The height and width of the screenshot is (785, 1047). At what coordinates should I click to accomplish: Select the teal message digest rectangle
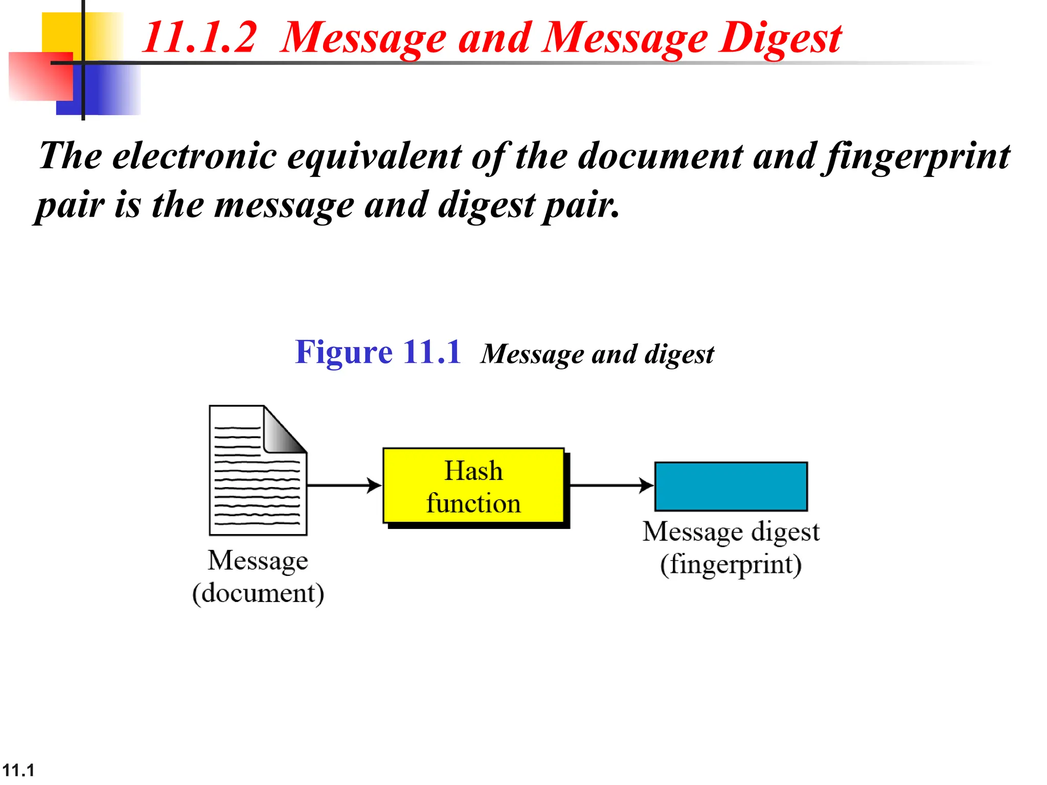(731, 486)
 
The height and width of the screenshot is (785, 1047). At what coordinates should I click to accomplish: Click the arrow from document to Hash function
(344, 485)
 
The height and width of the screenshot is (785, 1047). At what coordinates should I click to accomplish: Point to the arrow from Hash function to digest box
(611, 485)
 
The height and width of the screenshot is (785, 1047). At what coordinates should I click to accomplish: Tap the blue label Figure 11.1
(378, 352)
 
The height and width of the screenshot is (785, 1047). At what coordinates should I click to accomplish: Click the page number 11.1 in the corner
(18, 770)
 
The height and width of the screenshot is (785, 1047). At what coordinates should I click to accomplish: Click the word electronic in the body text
(195, 155)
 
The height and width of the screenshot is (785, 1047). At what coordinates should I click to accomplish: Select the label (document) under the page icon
(258, 593)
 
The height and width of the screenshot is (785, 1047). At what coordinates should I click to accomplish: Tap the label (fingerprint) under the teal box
(731, 565)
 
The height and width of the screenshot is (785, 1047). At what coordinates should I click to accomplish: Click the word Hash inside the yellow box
(473, 471)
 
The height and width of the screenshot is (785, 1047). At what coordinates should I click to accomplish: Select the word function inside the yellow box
(473, 503)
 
